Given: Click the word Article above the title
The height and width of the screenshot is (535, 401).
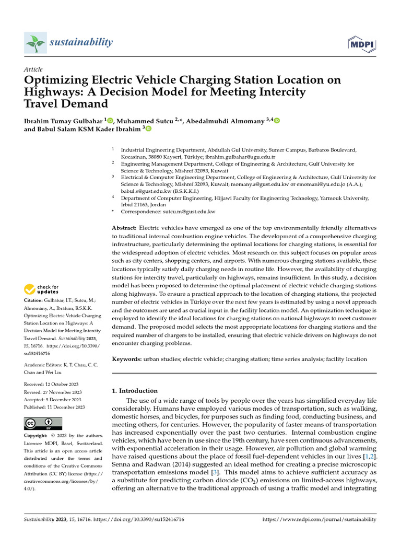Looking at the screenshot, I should [x=33, y=69].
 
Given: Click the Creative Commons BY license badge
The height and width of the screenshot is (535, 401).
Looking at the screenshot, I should [x=43, y=423].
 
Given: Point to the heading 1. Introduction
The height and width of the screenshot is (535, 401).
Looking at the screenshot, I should [x=135, y=390].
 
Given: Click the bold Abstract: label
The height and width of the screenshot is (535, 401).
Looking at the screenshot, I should [x=124, y=228].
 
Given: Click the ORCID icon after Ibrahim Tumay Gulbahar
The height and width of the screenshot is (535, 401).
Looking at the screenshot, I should [x=111, y=121].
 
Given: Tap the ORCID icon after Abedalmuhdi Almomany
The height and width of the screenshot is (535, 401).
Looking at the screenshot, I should [x=276, y=121].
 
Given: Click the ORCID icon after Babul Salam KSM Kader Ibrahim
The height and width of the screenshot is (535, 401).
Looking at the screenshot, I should [x=148, y=129].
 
